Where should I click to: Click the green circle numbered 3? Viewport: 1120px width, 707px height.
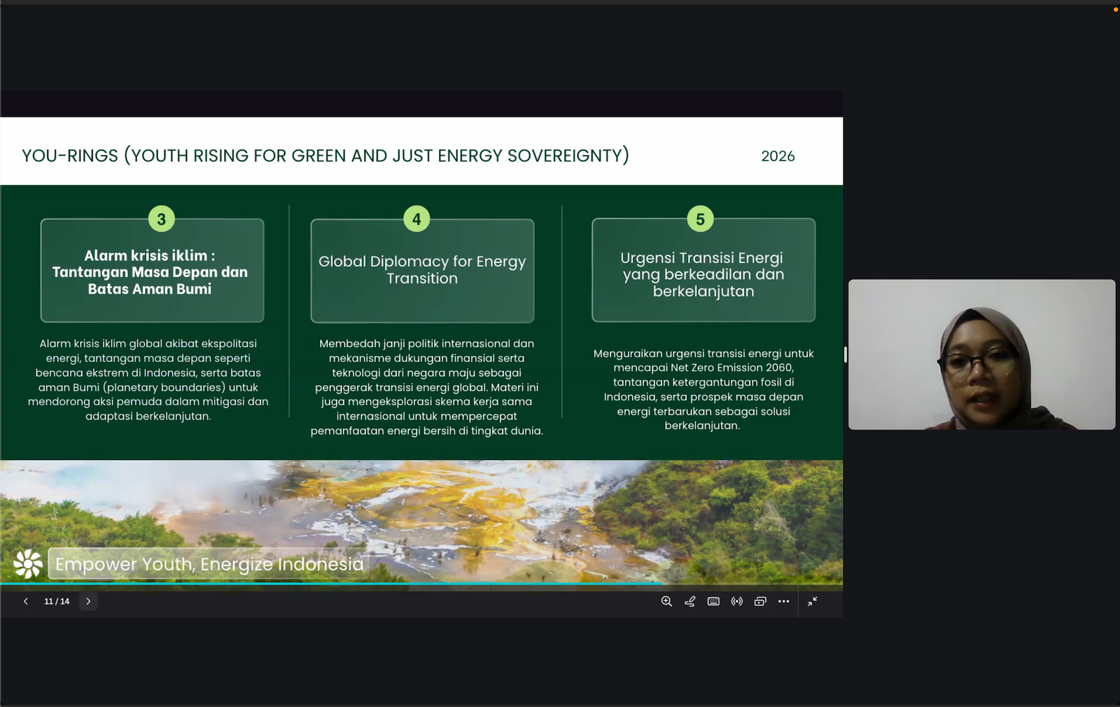click(x=161, y=219)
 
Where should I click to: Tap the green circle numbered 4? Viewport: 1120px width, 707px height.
click(x=416, y=219)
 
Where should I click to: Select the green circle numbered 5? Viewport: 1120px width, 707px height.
click(x=700, y=219)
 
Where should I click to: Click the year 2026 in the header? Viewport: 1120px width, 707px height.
click(x=778, y=156)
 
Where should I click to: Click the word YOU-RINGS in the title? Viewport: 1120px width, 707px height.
click(x=70, y=155)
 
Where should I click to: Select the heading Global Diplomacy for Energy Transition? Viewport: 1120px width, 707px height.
click(x=422, y=269)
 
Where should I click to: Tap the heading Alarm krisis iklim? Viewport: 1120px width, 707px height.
click(x=150, y=272)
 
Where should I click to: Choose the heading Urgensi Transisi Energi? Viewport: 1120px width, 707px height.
click(x=703, y=274)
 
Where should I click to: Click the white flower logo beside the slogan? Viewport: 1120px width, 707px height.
click(x=28, y=563)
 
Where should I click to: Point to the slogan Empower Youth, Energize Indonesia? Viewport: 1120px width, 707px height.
click(x=209, y=563)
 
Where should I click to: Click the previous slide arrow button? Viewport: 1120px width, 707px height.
click(x=26, y=601)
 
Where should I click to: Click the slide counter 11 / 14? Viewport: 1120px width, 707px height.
click(x=57, y=601)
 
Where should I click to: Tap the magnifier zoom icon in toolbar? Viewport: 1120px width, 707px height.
click(x=666, y=601)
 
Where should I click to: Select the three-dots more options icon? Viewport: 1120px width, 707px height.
click(x=783, y=601)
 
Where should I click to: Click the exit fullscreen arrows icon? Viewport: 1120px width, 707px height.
click(x=812, y=601)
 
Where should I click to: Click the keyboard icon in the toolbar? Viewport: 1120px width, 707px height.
click(x=713, y=601)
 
